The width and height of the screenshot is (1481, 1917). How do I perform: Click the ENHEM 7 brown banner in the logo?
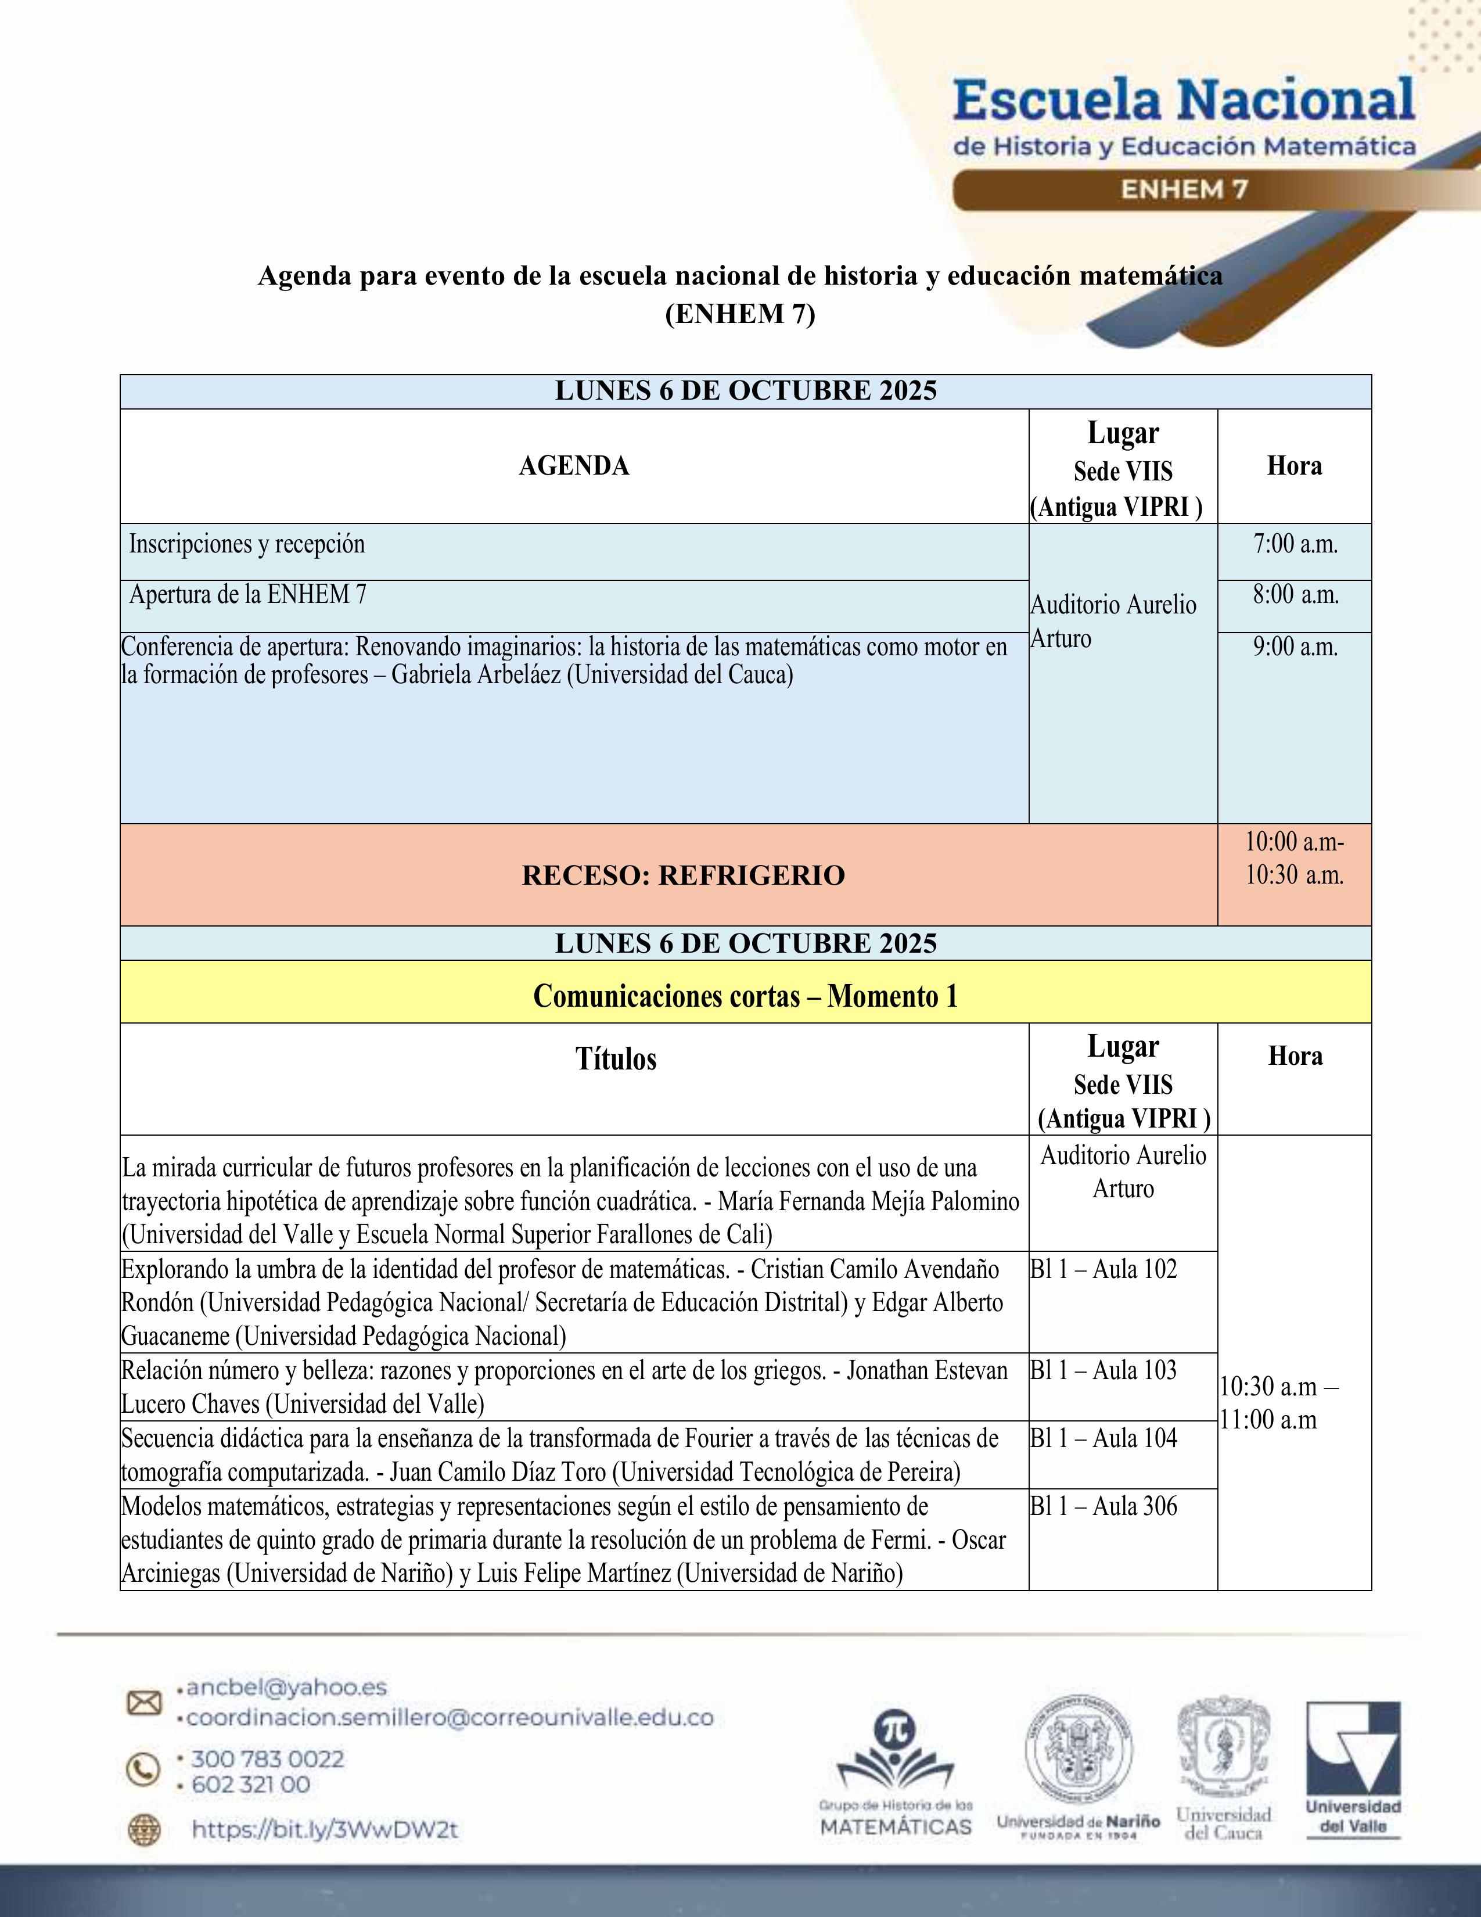(x=1184, y=189)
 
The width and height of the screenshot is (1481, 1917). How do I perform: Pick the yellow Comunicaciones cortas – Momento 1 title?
(x=745, y=996)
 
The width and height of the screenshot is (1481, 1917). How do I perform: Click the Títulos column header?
(x=616, y=1058)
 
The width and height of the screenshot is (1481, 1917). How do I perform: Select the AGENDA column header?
(x=574, y=466)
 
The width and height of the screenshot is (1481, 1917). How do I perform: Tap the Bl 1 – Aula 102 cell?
(x=1103, y=1269)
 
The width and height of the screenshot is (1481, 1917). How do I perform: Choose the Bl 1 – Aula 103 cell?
(x=1103, y=1370)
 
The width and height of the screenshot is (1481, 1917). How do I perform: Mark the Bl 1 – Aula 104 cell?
(x=1103, y=1438)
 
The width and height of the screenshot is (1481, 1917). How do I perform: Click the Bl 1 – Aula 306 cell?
(x=1103, y=1506)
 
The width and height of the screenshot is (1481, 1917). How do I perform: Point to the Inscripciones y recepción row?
(x=246, y=544)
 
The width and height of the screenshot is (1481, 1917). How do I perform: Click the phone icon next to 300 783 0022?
(x=144, y=1769)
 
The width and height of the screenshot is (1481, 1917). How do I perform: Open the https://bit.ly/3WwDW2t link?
(x=325, y=1830)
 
